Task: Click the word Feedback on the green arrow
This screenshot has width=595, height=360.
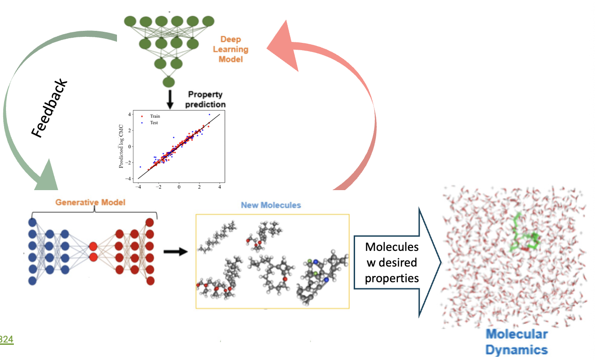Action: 50,108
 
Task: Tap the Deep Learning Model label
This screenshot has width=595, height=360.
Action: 231,49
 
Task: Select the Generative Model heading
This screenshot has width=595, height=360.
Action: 90,202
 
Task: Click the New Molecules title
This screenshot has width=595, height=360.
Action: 271,205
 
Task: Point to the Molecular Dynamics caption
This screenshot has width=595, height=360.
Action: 517,342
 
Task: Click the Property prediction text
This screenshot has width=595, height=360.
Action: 205,99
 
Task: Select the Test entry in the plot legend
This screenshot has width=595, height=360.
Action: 150,122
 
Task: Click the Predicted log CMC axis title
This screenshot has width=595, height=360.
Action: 121,146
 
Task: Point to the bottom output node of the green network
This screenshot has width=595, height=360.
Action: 169,82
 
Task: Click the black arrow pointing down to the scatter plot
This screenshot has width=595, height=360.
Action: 170,99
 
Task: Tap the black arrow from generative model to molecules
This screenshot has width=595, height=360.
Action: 175,251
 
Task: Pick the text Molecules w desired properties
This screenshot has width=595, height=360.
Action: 392,262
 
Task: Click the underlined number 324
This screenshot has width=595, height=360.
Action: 6,339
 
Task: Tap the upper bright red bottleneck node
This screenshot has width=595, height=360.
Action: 93,246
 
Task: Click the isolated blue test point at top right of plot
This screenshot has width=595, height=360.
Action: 210,115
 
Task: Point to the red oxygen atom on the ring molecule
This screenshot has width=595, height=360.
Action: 285,279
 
